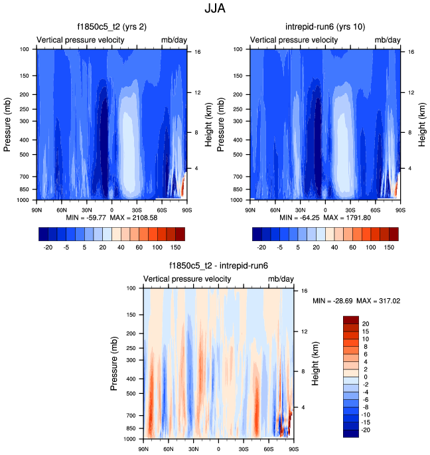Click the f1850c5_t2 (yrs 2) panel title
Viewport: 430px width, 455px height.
click(x=111, y=27)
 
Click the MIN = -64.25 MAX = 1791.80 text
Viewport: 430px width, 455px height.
click(x=323, y=218)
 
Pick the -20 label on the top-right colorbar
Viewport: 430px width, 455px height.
click(x=261, y=246)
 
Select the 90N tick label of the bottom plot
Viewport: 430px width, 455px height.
click(x=143, y=448)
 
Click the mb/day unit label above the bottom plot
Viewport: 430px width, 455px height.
click(x=281, y=279)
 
